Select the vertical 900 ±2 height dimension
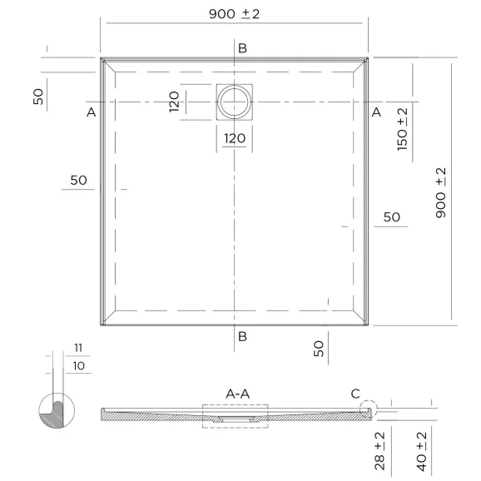[441, 192]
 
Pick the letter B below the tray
[242, 336]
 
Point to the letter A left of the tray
[91, 112]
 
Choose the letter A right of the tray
[375, 112]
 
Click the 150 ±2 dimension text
[403, 129]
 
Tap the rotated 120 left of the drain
[175, 102]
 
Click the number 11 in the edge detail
[77, 347]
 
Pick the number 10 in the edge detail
[77, 366]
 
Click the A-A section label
[239, 392]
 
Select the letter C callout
[355, 393]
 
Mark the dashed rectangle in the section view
[235, 415]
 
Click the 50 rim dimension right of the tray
[392, 217]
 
